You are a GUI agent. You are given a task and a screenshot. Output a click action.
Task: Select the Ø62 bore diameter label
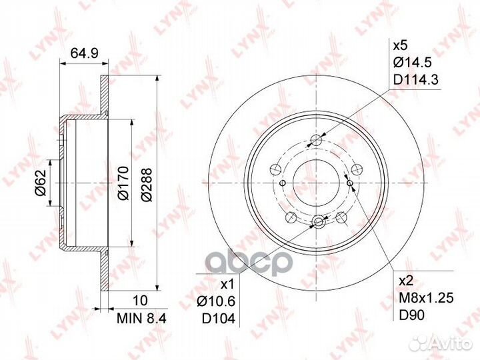pos(40,182)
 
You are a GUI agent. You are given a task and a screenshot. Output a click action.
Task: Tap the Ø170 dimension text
pos(122,182)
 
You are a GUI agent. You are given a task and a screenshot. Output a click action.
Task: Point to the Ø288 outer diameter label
pos(147,182)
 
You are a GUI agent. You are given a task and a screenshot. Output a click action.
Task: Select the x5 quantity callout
pos(399,47)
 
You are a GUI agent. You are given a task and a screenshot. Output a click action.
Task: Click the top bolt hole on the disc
pos(317,141)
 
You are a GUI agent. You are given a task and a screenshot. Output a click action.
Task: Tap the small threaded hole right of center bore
pos(350,181)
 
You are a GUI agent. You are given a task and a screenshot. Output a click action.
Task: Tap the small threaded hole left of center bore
pos(283,182)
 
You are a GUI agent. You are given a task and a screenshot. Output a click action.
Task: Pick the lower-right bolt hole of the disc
pos(342,216)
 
